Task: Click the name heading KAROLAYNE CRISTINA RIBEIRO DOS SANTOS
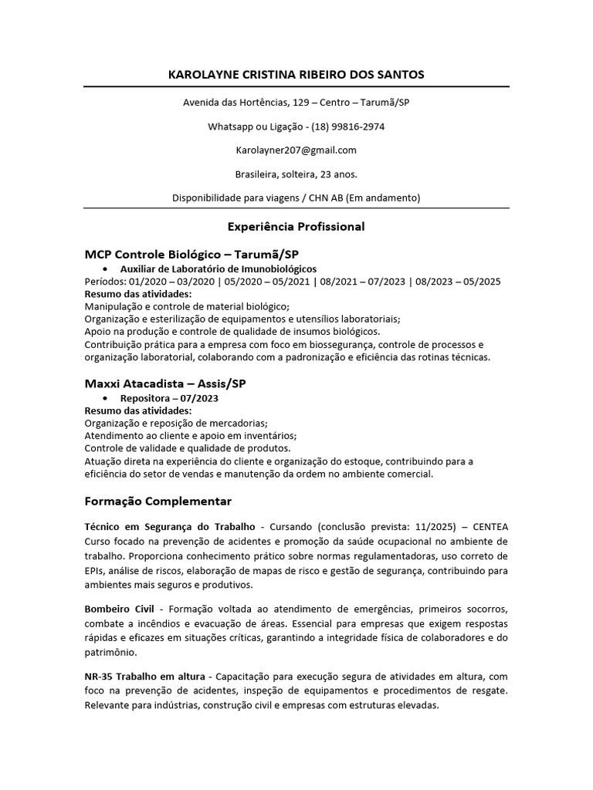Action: point(296,74)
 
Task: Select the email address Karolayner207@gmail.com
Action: point(296,150)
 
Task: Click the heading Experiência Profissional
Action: point(296,227)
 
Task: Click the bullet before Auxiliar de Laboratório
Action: point(105,268)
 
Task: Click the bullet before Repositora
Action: point(105,398)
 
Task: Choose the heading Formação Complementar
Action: point(158,501)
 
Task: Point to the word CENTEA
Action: point(488,526)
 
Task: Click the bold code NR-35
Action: point(100,679)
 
